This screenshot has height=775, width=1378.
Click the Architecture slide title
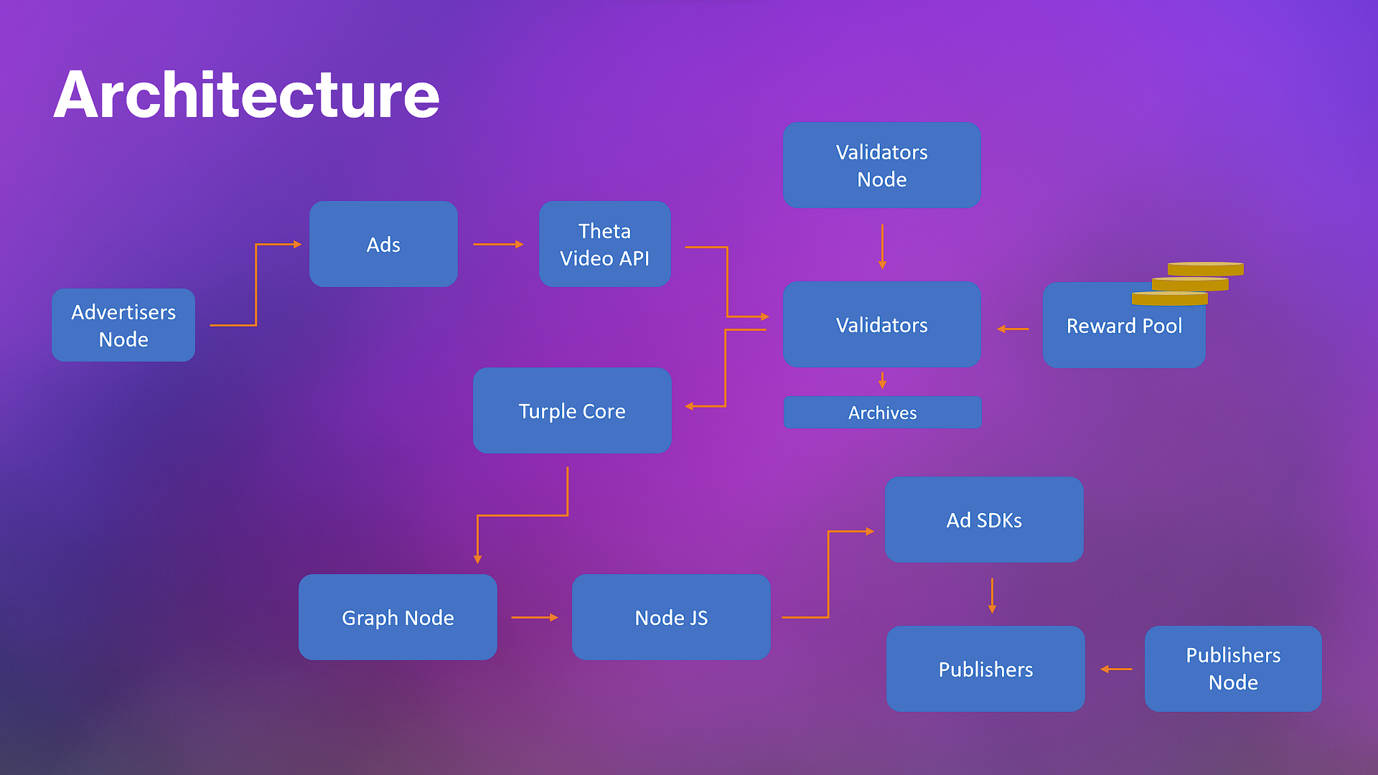pyautogui.click(x=246, y=95)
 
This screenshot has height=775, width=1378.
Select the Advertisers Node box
pyautogui.click(x=123, y=325)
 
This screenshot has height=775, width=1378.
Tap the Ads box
pyautogui.click(x=383, y=244)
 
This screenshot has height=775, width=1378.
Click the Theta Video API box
pyautogui.click(x=605, y=244)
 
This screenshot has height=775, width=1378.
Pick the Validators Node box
pyautogui.click(x=882, y=165)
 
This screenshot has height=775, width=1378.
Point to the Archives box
pyautogui.click(x=882, y=413)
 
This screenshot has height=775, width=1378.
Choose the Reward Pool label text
pyautogui.click(x=1124, y=326)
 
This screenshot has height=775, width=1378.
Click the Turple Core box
pyautogui.click(x=572, y=410)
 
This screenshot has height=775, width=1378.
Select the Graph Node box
pyautogui.click(x=398, y=617)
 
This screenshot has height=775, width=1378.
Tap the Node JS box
pyautogui.click(x=671, y=617)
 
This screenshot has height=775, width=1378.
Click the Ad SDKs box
pyautogui.click(x=984, y=520)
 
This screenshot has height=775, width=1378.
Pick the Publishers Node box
pyautogui.click(x=1233, y=669)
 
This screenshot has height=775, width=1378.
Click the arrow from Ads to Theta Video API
pyautogui.click(x=498, y=244)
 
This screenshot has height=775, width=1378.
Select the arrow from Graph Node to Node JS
pyautogui.click(x=535, y=617)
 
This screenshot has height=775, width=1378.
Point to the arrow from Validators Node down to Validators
pyautogui.click(x=882, y=247)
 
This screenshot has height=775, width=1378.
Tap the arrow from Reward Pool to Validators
pyautogui.click(x=1013, y=329)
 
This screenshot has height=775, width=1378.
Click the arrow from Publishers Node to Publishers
pyautogui.click(x=1116, y=669)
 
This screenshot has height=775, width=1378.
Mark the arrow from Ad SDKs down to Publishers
pyautogui.click(x=992, y=596)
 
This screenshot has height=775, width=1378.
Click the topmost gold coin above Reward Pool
pyautogui.click(x=1206, y=269)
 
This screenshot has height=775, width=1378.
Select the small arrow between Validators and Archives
pyautogui.click(x=882, y=380)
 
